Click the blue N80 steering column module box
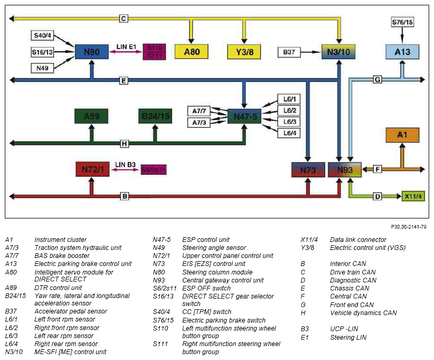tap(91, 52)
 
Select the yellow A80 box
tap(191, 52)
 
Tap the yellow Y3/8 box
tap(244, 52)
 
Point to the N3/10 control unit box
tap(338, 52)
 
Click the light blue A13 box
tap(402, 52)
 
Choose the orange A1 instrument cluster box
tap(402, 135)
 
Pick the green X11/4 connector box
tap(413, 197)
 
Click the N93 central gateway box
tap(345, 169)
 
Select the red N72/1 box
tap(92, 169)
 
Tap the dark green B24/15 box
tap(156, 116)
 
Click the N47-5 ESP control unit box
tap(244, 116)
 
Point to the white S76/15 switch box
tap(402, 22)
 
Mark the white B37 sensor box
tap(289, 52)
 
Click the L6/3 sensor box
tap(289, 122)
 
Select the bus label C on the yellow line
tap(123, 19)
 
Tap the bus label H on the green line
tap(125, 144)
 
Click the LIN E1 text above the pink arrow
tap(126, 46)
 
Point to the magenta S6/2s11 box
tap(153, 169)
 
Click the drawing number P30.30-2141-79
tap(408, 226)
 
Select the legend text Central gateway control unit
tap(223, 280)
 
